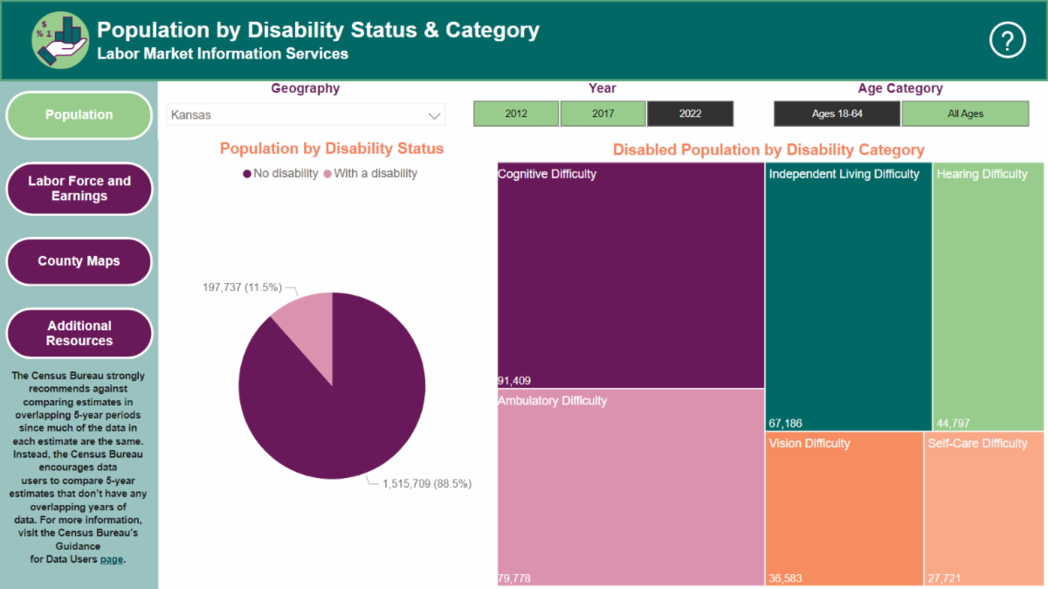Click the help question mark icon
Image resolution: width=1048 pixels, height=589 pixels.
tap(1007, 40)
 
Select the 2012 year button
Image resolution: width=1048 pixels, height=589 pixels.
tap(515, 114)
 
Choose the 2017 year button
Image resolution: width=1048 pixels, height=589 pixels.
tap(603, 114)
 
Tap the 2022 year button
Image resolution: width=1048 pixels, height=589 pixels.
tap(690, 114)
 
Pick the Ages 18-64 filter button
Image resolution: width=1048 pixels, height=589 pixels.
tap(837, 114)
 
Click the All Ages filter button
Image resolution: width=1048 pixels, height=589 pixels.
tap(965, 114)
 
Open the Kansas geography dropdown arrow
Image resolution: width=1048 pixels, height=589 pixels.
tap(434, 115)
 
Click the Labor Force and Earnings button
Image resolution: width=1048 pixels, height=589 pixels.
tap(79, 188)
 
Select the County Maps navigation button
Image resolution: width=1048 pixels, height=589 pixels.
tap(79, 260)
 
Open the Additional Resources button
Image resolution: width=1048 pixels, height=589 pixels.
tap(79, 333)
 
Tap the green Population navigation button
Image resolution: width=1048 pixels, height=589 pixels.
tap(79, 114)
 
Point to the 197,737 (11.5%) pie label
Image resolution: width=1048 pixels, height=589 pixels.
tap(242, 287)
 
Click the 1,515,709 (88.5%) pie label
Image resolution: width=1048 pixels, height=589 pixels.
tap(427, 483)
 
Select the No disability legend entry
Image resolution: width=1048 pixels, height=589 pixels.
tap(280, 174)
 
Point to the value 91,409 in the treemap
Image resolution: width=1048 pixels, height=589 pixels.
tap(514, 381)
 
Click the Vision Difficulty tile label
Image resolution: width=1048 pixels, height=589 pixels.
tap(810, 443)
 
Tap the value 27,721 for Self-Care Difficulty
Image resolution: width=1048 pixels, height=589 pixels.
tap(944, 579)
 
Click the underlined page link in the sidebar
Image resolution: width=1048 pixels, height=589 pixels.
tap(112, 559)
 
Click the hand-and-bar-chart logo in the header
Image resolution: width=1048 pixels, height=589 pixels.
tap(60, 40)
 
